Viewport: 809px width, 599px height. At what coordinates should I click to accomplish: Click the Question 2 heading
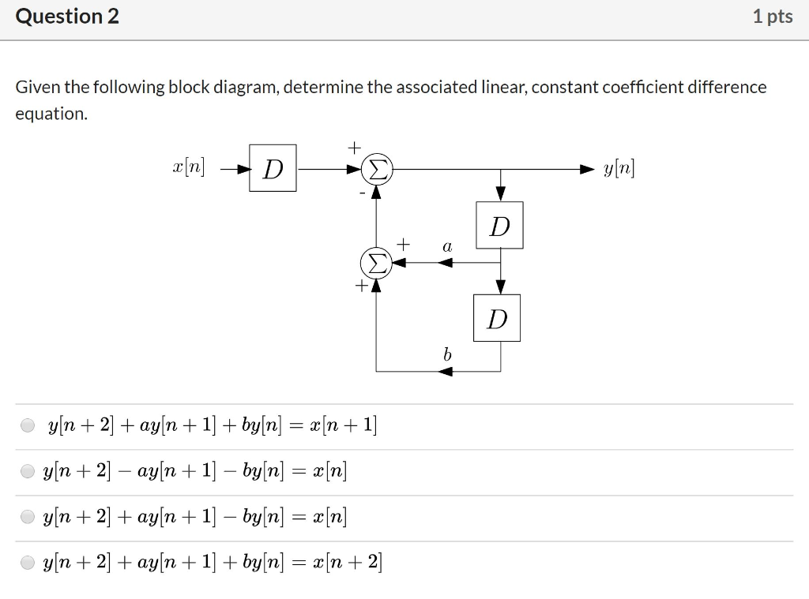tap(68, 17)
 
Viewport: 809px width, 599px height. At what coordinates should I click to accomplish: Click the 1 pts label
tap(772, 17)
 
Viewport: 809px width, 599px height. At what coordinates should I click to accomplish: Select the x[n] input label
tap(188, 168)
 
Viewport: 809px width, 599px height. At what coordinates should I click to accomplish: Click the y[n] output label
tap(619, 168)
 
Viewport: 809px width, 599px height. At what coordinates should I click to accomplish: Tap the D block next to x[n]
tap(273, 168)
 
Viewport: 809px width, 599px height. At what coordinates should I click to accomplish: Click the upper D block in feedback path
tap(499, 226)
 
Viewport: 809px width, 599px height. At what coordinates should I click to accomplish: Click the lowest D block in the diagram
tap(497, 318)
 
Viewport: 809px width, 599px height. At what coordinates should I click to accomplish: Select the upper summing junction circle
tap(377, 169)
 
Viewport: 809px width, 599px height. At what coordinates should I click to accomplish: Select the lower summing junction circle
tap(376, 262)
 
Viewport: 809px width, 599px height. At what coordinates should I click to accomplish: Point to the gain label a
tap(447, 247)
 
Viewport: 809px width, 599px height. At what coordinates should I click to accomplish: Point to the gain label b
tap(447, 355)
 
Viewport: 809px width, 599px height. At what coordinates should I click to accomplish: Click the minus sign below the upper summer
tap(363, 192)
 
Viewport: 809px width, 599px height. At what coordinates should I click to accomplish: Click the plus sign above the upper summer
tap(355, 147)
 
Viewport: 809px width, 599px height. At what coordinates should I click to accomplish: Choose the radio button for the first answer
tap(28, 426)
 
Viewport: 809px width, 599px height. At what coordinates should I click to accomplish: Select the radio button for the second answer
tap(28, 472)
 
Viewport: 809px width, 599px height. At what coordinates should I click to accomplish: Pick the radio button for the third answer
tap(28, 518)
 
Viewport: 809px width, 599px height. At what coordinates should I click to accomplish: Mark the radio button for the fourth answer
tap(28, 563)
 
